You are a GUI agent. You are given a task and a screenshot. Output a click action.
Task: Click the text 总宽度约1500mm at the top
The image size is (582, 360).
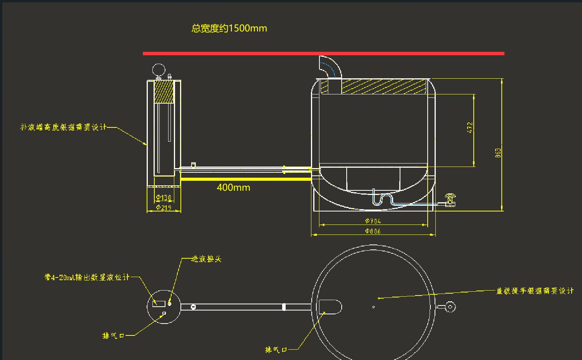pos(229,28)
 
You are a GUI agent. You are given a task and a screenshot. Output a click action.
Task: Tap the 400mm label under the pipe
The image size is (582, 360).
pos(233,188)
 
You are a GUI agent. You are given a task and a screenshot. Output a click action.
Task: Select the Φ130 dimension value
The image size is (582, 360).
pos(164,198)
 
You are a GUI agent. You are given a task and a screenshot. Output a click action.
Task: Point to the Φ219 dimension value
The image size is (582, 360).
pos(164,208)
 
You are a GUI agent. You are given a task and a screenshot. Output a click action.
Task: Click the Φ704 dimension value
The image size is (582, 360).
pos(373,221)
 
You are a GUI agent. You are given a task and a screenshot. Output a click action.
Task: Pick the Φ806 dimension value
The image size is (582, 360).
pos(373,231)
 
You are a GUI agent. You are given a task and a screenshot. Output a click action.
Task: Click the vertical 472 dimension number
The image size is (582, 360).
pos(470,128)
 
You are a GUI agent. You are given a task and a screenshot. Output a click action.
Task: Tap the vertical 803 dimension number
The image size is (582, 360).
pos(498,153)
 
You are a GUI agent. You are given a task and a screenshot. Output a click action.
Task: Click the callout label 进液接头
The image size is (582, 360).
pos(207,259)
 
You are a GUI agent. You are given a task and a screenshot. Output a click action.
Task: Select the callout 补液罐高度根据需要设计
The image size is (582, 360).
pos(63,127)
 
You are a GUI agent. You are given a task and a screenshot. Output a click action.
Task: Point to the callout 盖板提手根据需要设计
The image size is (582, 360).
pos(535,291)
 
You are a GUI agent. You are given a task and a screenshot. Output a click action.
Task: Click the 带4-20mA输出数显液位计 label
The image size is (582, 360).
pos(87,277)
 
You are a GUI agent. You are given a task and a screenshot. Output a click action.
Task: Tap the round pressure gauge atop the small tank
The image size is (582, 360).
pos(159,70)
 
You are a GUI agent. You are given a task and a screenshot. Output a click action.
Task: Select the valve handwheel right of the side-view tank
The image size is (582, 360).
pos(450,197)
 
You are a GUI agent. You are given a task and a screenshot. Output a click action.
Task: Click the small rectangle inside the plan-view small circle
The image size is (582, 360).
pos(159,304)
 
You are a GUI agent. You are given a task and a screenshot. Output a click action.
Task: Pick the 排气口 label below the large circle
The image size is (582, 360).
pos(276,350)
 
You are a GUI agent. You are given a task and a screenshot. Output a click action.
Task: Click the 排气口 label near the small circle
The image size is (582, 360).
pos(113,336)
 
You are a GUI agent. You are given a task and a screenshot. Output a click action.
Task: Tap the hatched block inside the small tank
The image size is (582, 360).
pos(164,92)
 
